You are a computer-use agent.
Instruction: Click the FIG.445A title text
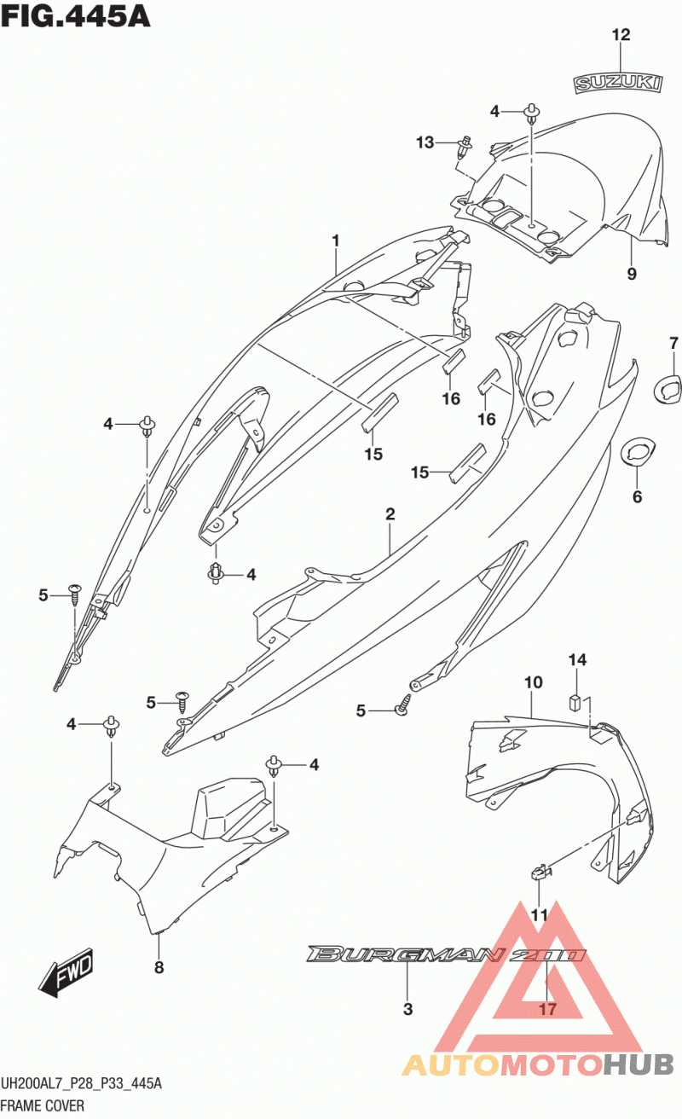[x=75, y=16]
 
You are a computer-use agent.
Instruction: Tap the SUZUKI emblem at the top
[x=617, y=84]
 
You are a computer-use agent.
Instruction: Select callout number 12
[x=621, y=35]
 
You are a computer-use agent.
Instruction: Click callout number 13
[x=425, y=143]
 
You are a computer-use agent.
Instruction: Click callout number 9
[x=632, y=274]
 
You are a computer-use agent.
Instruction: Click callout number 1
[x=336, y=241]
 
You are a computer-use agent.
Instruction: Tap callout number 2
[x=390, y=514]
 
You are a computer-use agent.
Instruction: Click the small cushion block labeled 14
[x=575, y=702]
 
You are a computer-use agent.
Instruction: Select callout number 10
[x=533, y=682]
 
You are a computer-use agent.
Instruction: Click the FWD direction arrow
[x=66, y=971]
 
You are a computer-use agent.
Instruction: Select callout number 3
[x=407, y=1009]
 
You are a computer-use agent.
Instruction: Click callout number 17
[x=547, y=1009]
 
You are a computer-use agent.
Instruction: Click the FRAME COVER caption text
[x=43, y=1105]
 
